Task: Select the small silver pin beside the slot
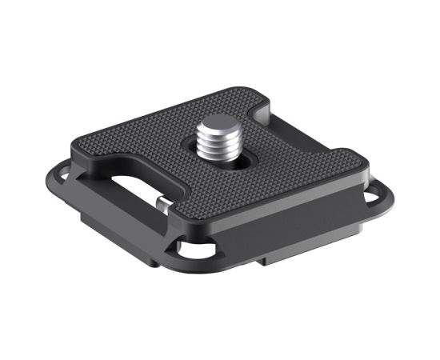[163, 206]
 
